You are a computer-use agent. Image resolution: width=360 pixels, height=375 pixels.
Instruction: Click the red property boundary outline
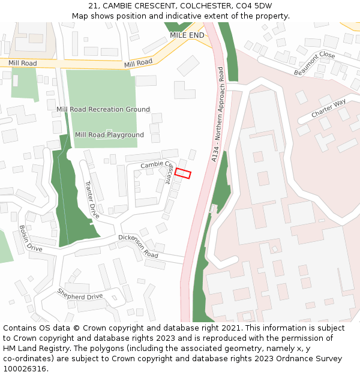pos(182,173)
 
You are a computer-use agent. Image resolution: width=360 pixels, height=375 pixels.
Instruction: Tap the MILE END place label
pos(187,35)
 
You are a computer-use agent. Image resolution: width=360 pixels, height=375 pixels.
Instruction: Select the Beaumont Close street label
pos(314,63)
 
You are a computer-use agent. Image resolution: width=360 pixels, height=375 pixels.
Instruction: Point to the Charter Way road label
pos(329,109)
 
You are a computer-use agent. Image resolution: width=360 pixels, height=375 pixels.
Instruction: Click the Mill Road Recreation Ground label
pos(103,109)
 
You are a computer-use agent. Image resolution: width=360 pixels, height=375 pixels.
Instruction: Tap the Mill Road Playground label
pos(109,135)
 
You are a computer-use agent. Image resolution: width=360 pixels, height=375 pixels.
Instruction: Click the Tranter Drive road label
pos(91,199)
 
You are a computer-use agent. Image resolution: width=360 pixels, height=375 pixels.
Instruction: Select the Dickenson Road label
pos(138,247)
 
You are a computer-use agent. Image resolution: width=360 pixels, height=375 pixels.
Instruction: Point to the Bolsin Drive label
pos(31,239)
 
